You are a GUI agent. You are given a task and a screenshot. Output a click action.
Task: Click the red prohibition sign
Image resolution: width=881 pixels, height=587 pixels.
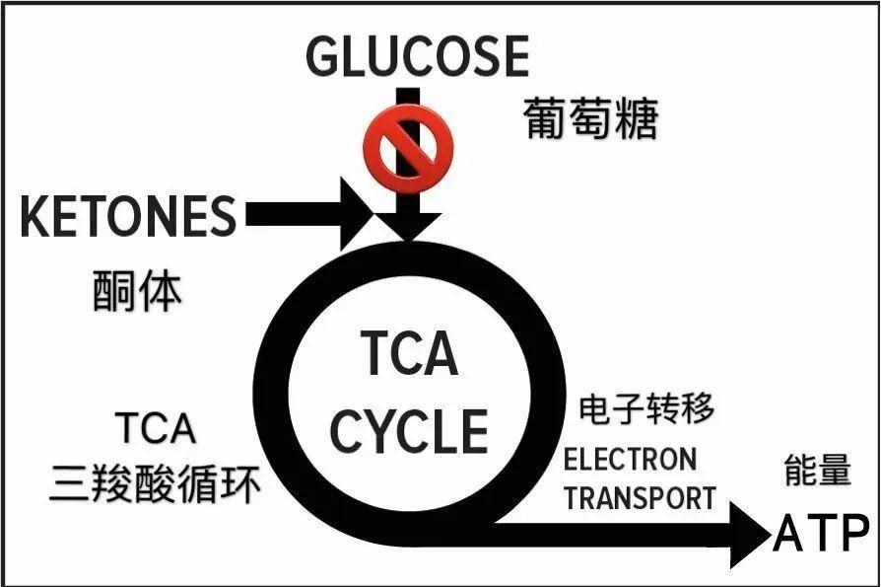click(x=408, y=149)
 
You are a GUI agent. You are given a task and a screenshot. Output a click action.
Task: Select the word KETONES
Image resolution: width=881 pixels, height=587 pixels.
click(x=129, y=216)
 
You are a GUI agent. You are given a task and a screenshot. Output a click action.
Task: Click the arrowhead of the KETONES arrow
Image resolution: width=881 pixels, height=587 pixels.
click(x=356, y=214)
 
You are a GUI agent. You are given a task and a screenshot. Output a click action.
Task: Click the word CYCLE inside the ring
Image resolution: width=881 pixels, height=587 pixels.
click(x=409, y=431)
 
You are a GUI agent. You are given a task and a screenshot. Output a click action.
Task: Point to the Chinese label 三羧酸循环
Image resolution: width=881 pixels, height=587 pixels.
click(x=157, y=484)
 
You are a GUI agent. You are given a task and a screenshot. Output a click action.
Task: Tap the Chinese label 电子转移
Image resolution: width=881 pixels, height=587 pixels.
click(x=646, y=407)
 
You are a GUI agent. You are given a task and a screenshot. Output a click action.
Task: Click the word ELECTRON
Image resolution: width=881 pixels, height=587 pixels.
click(x=629, y=459)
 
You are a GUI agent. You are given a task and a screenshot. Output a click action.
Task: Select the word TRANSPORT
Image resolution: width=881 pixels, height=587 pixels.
click(x=640, y=497)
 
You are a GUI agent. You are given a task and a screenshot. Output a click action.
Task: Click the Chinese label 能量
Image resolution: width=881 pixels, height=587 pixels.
click(x=817, y=471)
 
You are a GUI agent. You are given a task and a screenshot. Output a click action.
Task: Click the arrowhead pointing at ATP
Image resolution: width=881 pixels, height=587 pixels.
click(x=748, y=534)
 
